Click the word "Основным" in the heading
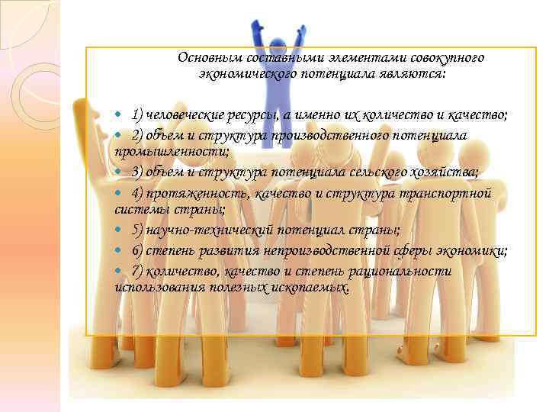[205, 58]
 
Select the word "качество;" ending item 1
[480, 114]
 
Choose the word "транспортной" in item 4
[451, 192]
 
